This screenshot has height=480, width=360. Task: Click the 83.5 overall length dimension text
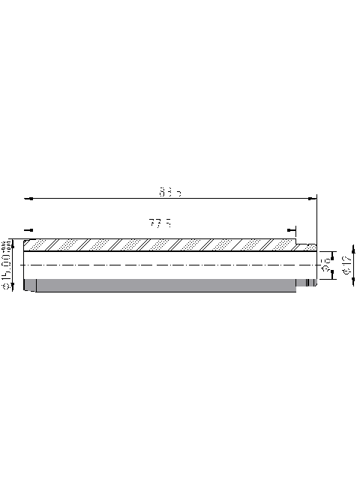pyautogui.click(x=170, y=193)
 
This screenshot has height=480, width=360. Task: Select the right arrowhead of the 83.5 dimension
pyautogui.click(x=313, y=199)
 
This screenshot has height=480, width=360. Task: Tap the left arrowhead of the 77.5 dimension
pyautogui.click(x=28, y=229)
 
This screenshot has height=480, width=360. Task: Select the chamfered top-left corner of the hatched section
pyautogui.click(x=26, y=241)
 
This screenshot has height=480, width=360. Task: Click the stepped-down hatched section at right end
pyautogui.click(x=305, y=247)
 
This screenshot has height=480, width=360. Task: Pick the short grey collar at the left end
pyautogui.click(x=30, y=285)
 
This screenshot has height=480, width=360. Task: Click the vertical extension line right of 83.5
pyautogui.click(x=317, y=217)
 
